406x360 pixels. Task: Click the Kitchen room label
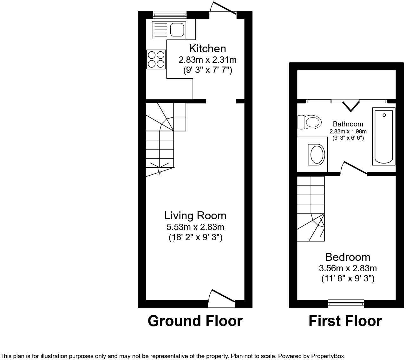pyautogui.click(x=207, y=49)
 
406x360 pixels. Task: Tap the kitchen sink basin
pyautogui.click(x=177, y=30)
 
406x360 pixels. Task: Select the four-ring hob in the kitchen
pyautogui.click(x=156, y=59)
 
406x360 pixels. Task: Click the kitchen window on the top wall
pyautogui.click(x=170, y=15)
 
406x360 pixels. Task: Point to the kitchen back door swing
pyautogui.click(x=223, y=9)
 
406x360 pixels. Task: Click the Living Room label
pyautogui.click(x=195, y=215)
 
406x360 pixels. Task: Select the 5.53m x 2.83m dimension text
pyautogui.click(x=195, y=227)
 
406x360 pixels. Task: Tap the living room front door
pyautogui.click(x=221, y=298)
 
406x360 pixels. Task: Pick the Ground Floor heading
pyautogui.click(x=195, y=321)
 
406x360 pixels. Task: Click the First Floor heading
pyautogui.click(x=345, y=321)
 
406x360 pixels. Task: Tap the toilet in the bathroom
pyautogui.click(x=309, y=122)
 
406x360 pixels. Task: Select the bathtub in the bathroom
pyautogui.click(x=383, y=136)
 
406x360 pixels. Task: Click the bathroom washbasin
pyautogui.click(x=317, y=154)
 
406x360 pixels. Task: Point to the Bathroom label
pyautogui.click(x=348, y=124)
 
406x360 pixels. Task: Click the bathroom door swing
pyautogui.click(x=354, y=168)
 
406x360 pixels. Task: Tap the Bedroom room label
pyautogui.click(x=348, y=257)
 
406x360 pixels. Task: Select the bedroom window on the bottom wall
pyautogui.click(x=346, y=304)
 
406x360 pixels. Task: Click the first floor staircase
pyautogui.click(x=311, y=209)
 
